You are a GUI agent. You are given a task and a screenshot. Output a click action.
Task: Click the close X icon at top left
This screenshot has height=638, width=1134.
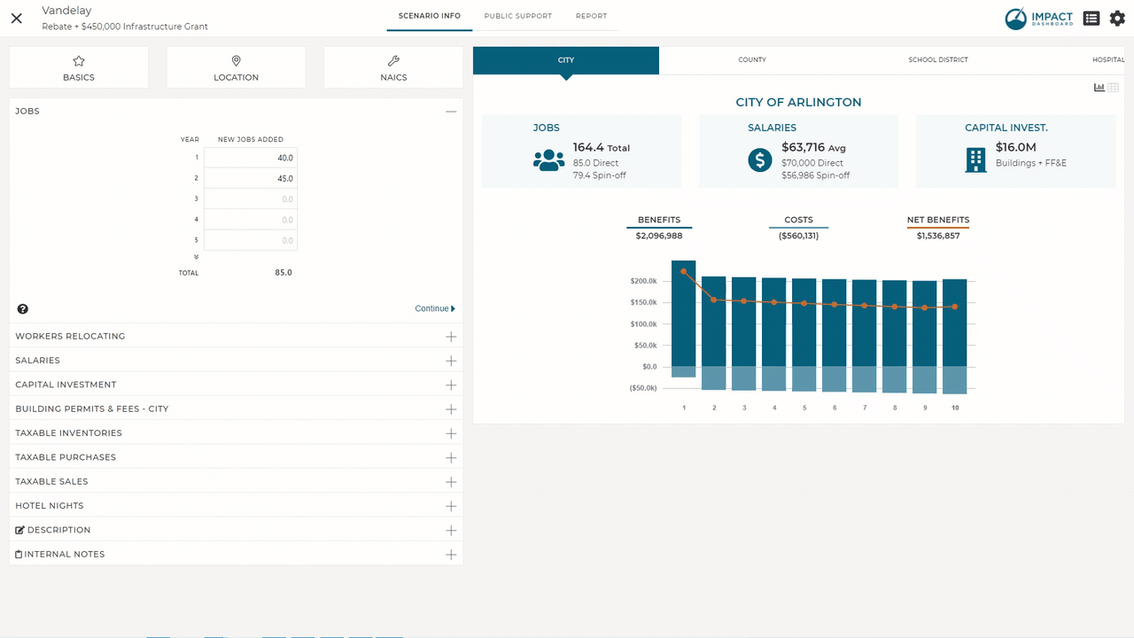pyautogui.click(x=17, y=18)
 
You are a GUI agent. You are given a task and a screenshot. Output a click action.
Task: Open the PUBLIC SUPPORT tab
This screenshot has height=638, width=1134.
pyautogui.click(x=517, y=16)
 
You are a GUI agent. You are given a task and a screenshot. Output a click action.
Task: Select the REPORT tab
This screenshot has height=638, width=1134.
pyautogui.click(x=591, y=16)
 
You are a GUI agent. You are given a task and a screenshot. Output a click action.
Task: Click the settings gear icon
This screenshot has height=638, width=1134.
pyautogui.click(x=1117, y=18)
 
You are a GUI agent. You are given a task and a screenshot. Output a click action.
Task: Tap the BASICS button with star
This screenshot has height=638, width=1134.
pyautogui.click(x=79, y=67)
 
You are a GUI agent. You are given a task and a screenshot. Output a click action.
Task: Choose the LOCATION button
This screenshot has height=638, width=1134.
pyautogui.click(x=236, y=67)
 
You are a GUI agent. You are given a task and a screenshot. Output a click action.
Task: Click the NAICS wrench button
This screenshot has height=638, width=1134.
pyautogui.click(x=393, y=67)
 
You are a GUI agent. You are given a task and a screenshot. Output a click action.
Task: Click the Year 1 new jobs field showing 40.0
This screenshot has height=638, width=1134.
pyautogui.click(x=251, y=158)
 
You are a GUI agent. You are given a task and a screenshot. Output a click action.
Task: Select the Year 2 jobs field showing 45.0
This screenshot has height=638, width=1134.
pyautogui.click(x=251, y=178)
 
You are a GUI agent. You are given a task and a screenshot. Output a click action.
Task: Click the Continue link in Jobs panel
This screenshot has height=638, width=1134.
pyautogui.click(x=434, y=308)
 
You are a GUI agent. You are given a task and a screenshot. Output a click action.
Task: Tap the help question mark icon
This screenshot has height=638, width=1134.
pyautogui.click(x=23, y=309)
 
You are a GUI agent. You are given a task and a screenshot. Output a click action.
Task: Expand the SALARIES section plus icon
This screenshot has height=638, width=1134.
pyautogui.click(x=451, y=361)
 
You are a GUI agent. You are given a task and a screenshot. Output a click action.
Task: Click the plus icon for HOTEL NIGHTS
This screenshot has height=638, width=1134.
pyautogui.click(x=451, y=506)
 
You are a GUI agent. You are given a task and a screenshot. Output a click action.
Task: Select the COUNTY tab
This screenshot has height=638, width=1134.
pyautogui.click(x=752, y=60)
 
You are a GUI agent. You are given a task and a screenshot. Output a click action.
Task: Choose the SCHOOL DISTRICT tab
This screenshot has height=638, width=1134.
pyautogui.click(x=937, y=60)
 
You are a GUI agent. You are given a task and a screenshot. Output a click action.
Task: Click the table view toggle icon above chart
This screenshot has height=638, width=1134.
pyautogui.click(x=1113, y=88)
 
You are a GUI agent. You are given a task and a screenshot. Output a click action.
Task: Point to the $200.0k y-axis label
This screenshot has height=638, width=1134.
pyautogui.click(x=643, y=281)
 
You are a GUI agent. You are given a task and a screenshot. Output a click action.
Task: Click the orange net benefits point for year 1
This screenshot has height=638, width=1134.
pyautogui.click(x=684, y=271)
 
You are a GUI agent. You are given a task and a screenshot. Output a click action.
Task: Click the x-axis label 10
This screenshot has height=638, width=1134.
pyautogui.click(x=955, y=408)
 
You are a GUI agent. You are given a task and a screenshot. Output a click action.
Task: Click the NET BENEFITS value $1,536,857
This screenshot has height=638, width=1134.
pyautogui.click(x=938, y=236)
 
